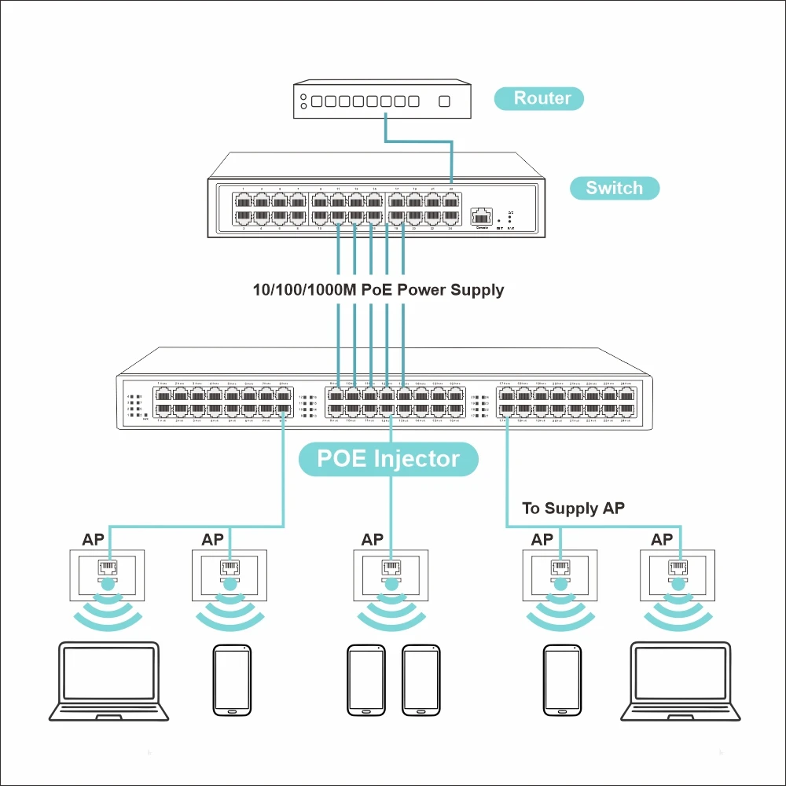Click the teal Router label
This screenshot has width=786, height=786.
pos(542,98)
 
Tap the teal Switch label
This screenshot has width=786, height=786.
pos(614,188)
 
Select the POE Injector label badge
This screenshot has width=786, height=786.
pos(388,458)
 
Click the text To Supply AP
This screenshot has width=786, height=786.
pos(573,509)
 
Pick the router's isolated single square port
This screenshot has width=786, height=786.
pos(444,101)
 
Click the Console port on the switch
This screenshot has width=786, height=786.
pos(481,215)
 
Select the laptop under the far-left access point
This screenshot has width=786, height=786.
pos(108,681)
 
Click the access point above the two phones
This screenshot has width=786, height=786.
pos(391,576)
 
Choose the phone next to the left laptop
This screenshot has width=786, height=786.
pos(232,681)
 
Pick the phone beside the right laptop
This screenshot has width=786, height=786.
pos(562,681)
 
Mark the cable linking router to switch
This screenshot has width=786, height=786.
pos(420,141)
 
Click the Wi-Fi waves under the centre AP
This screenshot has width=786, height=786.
pos(391,613)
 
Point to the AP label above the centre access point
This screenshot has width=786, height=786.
pos(373,540)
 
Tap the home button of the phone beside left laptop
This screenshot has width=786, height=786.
pos(232,710)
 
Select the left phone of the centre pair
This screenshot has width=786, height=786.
pos(365,681)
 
